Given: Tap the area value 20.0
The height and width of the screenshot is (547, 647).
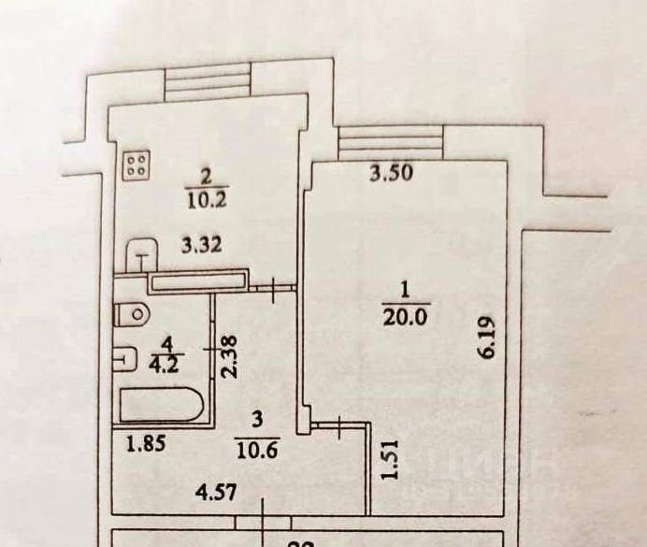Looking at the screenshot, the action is point(404,315).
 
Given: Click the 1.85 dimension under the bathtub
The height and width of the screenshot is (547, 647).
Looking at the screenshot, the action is point(145,443).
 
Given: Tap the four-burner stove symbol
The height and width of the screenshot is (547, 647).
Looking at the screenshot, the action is point(137,166).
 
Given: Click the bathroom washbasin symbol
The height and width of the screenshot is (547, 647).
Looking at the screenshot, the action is point(124,357).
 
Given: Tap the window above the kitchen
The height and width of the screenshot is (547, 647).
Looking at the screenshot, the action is point(208,80).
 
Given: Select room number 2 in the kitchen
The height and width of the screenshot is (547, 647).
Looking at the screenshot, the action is point(206,175).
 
